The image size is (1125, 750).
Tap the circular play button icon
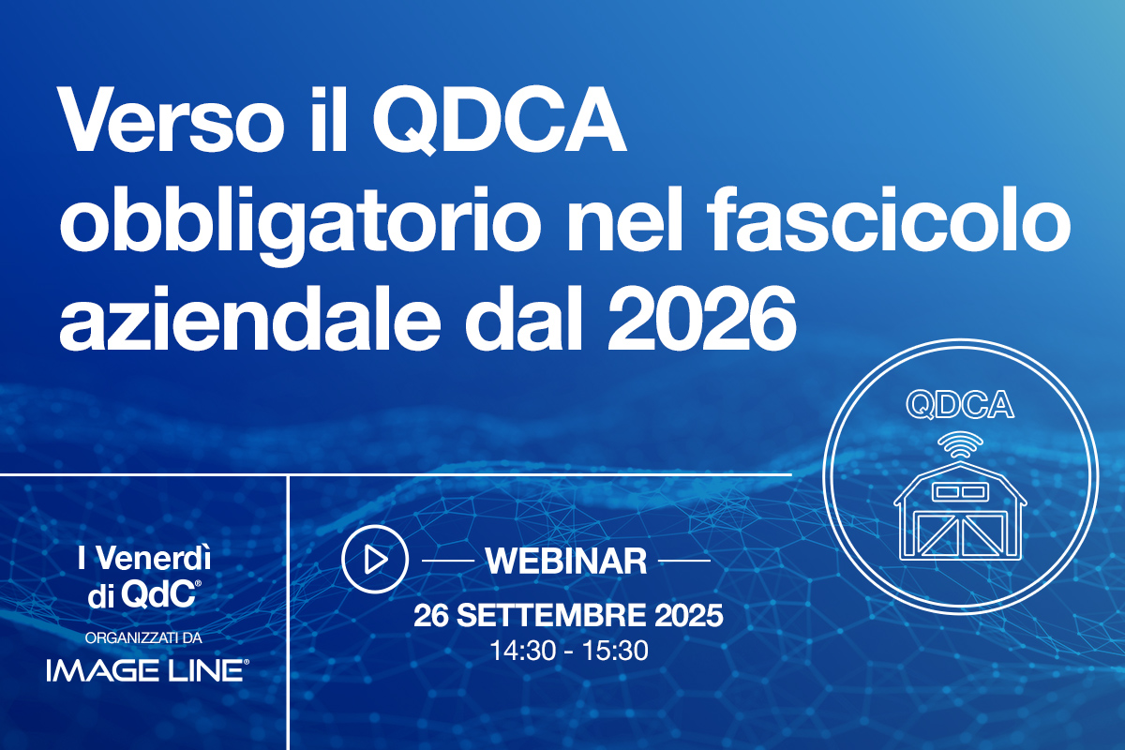[x=375, y=560]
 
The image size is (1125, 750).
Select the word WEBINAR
[x=566, y=561]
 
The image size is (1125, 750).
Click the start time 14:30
[x=520, y=650]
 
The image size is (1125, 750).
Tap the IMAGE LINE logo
[x=147, y=668]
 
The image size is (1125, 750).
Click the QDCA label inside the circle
[x=961, y=405]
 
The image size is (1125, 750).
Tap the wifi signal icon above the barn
[x=961, y=446]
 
